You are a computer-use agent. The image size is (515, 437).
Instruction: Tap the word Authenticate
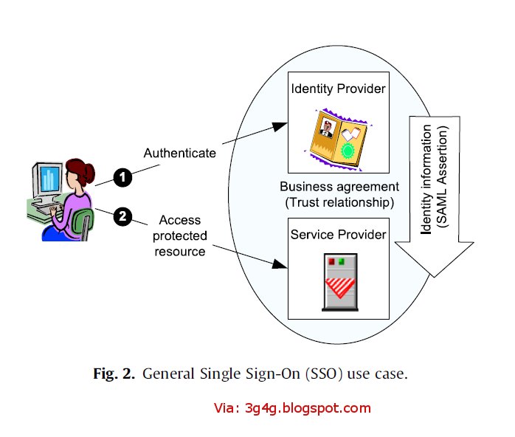(180, 153)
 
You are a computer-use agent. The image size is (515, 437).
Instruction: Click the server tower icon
(342, 280)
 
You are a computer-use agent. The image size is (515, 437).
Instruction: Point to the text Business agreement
(339, 187)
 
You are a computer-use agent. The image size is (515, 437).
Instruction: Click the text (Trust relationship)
(339, 201)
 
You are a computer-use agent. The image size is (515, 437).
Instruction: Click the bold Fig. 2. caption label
(114, 374)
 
